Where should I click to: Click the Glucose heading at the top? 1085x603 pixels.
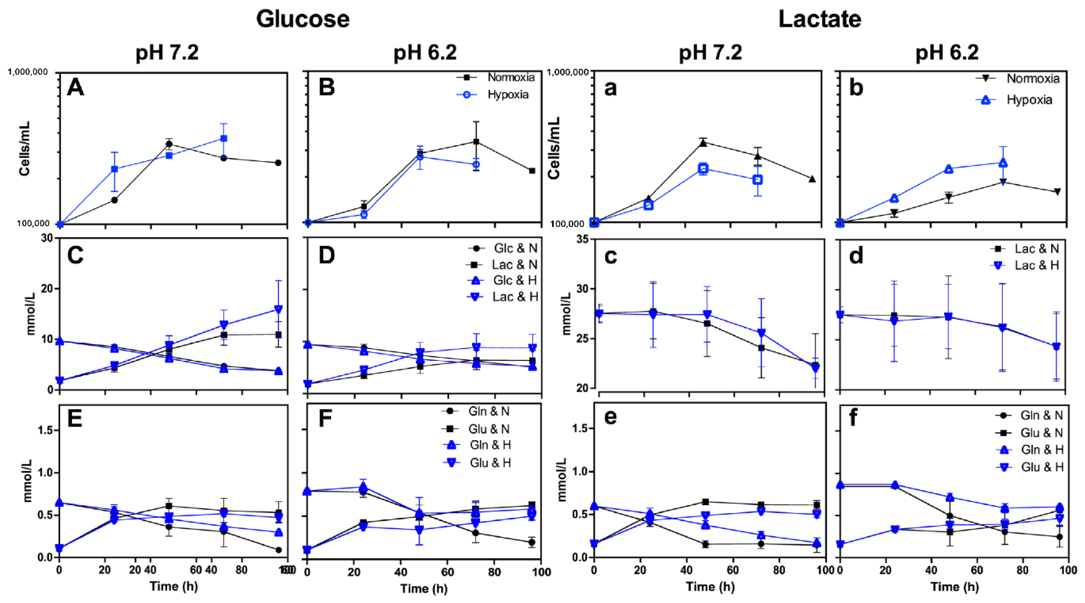coord(303,19)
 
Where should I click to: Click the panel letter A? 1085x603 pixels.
coord(76,88)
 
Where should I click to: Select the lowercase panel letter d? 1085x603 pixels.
coord(856,256)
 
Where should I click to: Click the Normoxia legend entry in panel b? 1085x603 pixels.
coord(1032,79)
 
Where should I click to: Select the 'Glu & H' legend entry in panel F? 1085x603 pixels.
coord(490,463)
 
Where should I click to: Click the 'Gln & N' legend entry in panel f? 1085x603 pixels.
coord(1041,415)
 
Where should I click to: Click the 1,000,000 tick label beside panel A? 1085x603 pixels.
coord(28,72)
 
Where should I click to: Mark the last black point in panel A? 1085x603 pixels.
coord(278,163)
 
